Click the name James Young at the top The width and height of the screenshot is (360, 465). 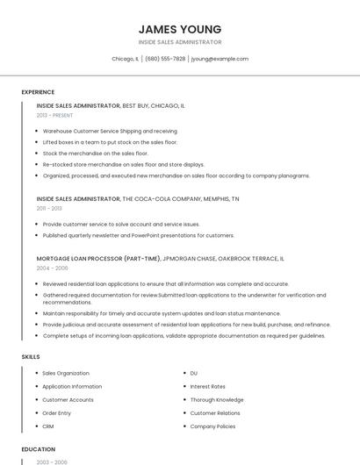click(179, 29)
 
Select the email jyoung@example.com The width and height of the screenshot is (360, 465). click(220, 59)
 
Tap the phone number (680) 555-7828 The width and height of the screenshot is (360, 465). click(165, 59)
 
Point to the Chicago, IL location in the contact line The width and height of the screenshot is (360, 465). click(125, 59)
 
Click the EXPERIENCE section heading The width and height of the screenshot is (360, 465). click(38, 92)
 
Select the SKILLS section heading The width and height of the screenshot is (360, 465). click(31, 357)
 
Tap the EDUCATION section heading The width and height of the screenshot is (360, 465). click(38, 449)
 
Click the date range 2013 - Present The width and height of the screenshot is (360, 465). click(54, 115)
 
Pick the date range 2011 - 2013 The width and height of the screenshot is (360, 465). click(49, 209)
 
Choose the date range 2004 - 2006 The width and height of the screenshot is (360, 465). click(52, 268)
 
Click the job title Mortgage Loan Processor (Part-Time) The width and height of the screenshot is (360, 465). click(98, 259)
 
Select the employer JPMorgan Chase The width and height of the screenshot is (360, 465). click(191, 259)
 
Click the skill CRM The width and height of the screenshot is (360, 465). click(48, 426)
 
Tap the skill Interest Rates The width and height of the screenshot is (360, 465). click(207, 386)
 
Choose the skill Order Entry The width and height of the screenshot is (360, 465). click(57, 413)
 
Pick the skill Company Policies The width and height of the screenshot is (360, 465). click(212, 426)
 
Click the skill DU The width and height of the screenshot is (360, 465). click(194, 373)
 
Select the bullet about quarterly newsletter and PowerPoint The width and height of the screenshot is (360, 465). click(139, 235)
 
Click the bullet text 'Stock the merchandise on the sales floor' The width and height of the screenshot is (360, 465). click(96, 153)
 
